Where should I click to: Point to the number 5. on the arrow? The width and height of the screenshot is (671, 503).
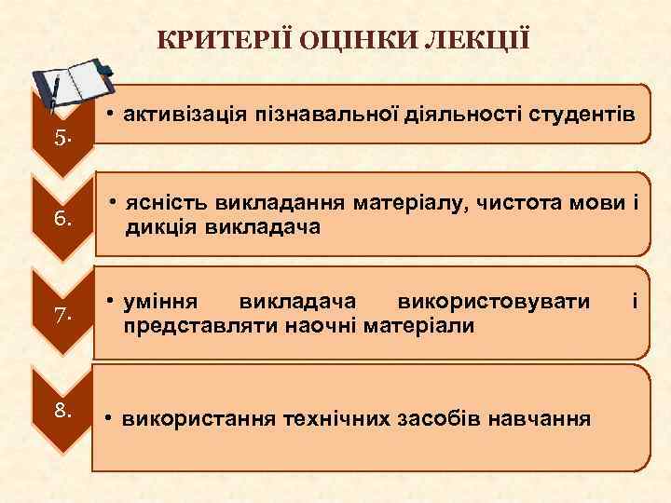(62, 139)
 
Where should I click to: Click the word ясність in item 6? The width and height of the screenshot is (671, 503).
(166, 204)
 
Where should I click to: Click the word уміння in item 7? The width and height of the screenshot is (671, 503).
(162, 302)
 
